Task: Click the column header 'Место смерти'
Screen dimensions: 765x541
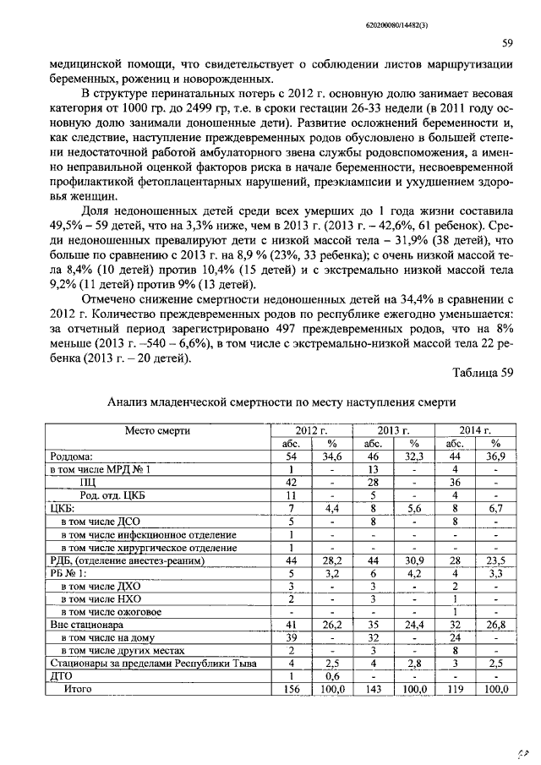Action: click(157, 430)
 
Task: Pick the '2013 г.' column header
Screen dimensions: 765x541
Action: click(394, 430)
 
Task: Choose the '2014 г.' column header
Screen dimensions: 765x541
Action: click(475, 430)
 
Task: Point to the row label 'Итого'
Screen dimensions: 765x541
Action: click(79, 689)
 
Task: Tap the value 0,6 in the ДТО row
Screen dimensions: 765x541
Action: click(331, 676)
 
